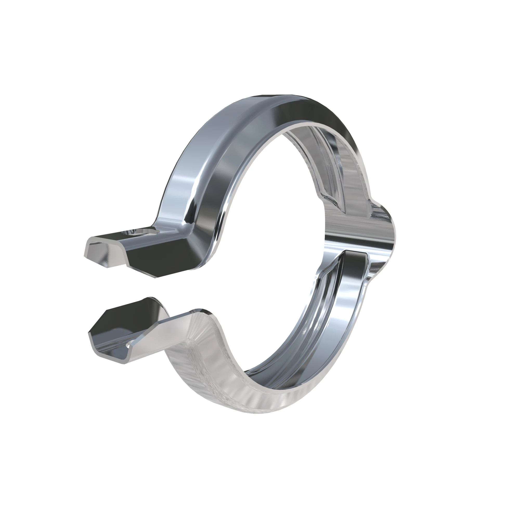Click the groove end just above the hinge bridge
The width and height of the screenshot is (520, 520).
pyautogui.click(x=334, y=199)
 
